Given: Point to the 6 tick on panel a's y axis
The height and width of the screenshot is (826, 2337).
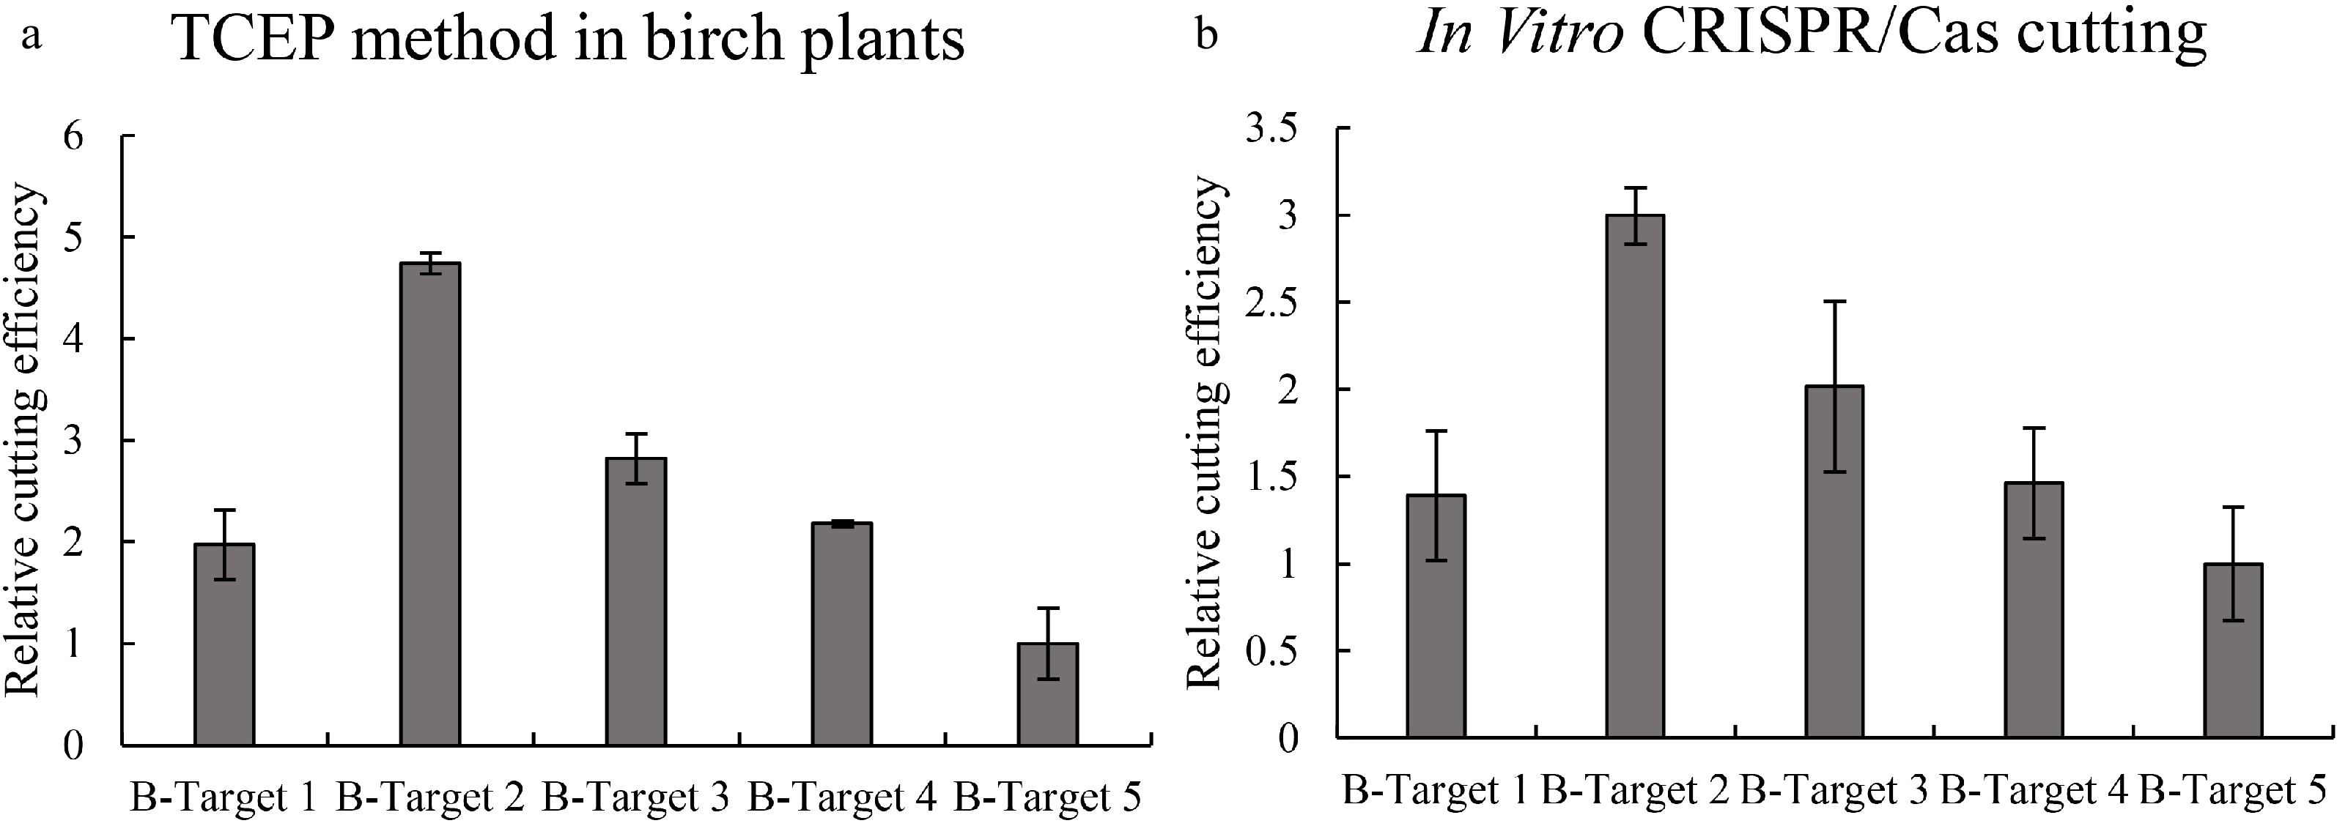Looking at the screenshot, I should (73, 136).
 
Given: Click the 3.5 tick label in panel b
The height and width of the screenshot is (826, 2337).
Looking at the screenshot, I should (1272, 129).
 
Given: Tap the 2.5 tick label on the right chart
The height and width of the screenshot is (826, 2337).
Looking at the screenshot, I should (1272, 302).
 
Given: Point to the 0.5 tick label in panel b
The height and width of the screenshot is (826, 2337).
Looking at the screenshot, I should (1272, 650).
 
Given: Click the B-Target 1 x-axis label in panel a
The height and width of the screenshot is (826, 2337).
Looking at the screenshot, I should (224, 798).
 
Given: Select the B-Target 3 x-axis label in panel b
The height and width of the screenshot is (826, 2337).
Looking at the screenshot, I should (1834, 791).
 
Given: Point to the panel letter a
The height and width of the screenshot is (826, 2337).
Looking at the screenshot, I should (32, 38).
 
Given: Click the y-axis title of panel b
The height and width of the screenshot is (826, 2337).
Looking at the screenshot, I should (1206, 434).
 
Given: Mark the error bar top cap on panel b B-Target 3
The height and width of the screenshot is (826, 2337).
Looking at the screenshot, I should (1834, 301).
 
